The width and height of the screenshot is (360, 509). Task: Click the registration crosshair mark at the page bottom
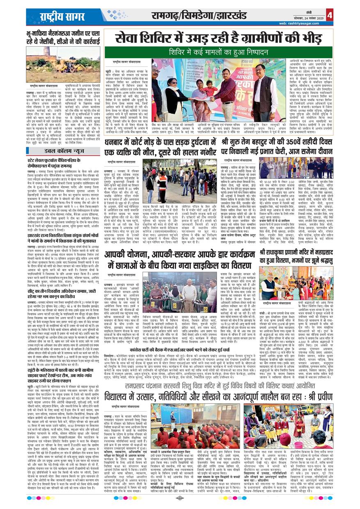pos(179,498)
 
